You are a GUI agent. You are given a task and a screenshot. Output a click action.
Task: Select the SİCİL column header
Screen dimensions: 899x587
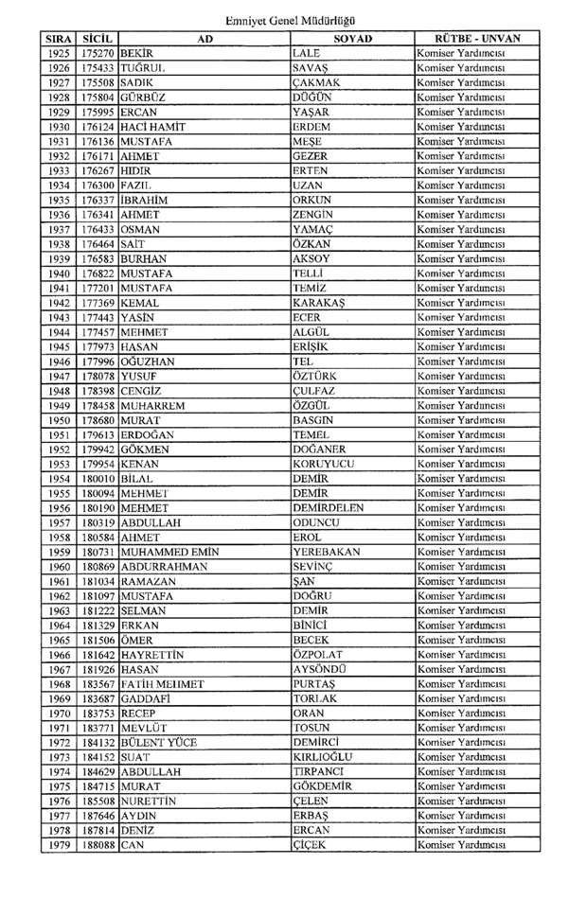[98, 39]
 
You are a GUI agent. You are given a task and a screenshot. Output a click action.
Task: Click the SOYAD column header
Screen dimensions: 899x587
[352, 39]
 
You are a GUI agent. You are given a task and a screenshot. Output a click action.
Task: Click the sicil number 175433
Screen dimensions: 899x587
[98, 70]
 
